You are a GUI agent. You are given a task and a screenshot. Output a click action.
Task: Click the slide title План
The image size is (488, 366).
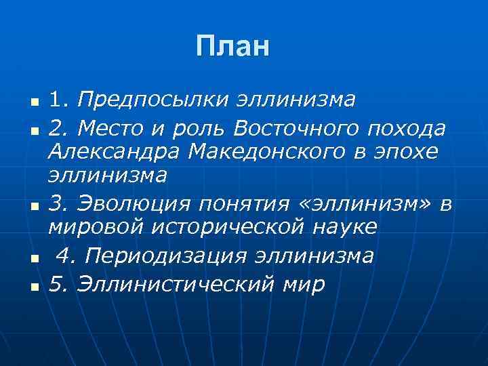232,47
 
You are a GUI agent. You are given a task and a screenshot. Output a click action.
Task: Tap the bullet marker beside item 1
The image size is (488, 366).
33,103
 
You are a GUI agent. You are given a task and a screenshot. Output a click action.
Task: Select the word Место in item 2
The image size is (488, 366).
115,127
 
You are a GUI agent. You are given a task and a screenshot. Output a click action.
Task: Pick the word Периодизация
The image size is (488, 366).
166,256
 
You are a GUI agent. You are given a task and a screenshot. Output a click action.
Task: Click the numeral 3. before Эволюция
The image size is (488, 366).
56,202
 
